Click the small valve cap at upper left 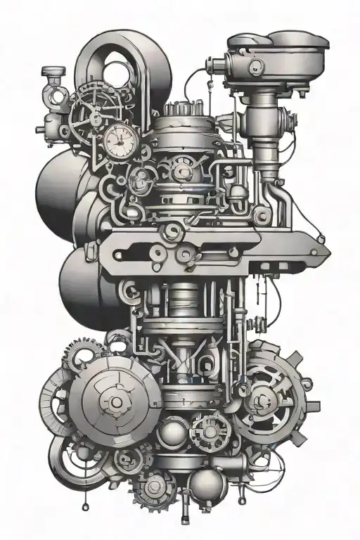tap(52, 72)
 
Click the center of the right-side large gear tap(265, 401)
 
